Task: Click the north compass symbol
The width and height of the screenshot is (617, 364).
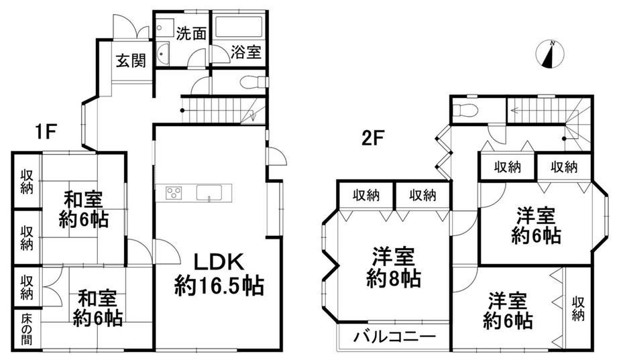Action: pos(550,55)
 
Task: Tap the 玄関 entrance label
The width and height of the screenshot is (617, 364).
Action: pos(131,60)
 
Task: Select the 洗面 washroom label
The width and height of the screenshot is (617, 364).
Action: pos(191,34)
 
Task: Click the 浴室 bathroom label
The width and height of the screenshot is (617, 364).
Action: pos(246,52)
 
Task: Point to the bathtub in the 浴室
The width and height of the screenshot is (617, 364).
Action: pos(239,27)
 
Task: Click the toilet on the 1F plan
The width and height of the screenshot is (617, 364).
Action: pos(254,83)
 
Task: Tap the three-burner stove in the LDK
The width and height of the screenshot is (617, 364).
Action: pos(174,193)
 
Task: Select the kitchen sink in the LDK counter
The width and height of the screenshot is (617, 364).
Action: pos(209,193)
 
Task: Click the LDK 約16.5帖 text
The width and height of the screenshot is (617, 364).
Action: pos(219,274)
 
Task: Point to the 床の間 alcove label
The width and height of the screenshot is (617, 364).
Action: pos(27,329)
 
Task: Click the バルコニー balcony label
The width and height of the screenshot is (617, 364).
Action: pos(394,337)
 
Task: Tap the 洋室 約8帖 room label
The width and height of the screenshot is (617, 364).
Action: pos(393,267)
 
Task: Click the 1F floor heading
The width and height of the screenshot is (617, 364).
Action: pos(46,131)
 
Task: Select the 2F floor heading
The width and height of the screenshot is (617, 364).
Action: pos(373,139)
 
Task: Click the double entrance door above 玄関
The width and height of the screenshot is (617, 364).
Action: pos(131,27)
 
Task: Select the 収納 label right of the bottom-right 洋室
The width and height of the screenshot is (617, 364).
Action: pos(578,309)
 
